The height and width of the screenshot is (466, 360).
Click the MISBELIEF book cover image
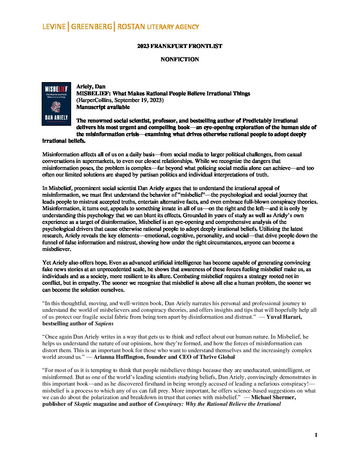point(56,104)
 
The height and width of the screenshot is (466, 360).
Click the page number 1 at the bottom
point(316,435)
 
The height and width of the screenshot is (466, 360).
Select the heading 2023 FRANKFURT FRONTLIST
point(180,46)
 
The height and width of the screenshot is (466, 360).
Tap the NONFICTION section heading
point(180,60)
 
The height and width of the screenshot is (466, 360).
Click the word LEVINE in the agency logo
point(54,27)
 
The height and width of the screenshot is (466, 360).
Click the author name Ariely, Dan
point(91,87)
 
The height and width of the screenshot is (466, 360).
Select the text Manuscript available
point(103,107)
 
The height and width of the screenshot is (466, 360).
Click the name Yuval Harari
point(284,317)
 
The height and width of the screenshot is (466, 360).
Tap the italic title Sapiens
point(104,323)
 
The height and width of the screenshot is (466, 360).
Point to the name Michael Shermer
point(273,397)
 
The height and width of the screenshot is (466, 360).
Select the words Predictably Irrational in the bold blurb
point(270,121)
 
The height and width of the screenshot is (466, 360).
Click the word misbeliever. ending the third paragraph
point(57,249)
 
